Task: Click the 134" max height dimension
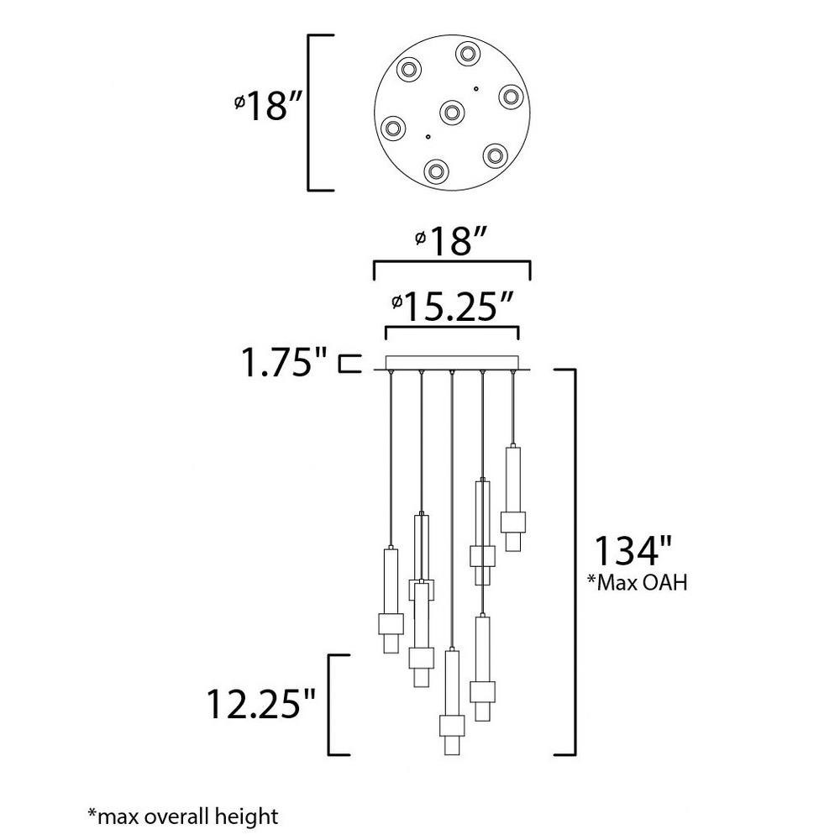pyautogui.click(x=633, y=550)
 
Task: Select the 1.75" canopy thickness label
pyautogui.click(x=285, y=362)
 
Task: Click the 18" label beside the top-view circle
pyautogui.click(x=270, y=106)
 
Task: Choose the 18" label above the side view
pyautogui.click(x=452, y=241)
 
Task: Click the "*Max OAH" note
pyautogui.click(x=637, y=582)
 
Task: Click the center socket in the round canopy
pyautogui.click(x=451, y=112)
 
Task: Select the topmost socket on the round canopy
pyautogui.click(x=468, y=54)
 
